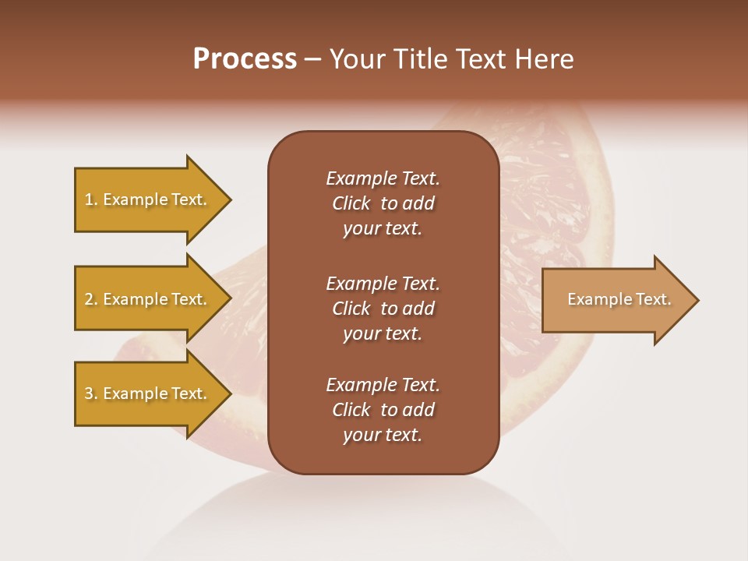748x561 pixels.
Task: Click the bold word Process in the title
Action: point(245,59)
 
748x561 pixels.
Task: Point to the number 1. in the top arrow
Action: point(91,199)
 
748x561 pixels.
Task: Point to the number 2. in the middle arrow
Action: point(91,299)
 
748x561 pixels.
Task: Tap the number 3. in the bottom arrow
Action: point(91,393)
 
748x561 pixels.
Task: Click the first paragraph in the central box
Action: point(383,203)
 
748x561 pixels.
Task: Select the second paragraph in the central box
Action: point(383,309)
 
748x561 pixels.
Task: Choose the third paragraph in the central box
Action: point(383,410)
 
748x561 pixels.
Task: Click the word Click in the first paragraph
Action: point(351,203)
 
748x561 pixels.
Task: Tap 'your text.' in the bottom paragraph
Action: point(383,435)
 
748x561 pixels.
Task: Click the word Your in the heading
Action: point(355,59)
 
